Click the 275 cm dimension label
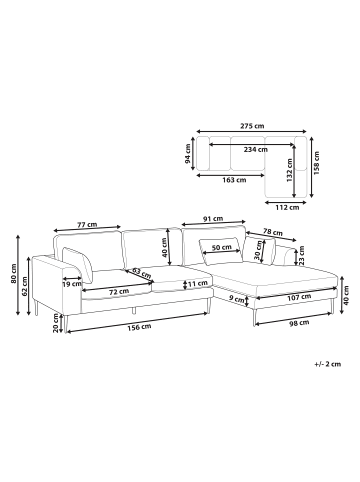252,126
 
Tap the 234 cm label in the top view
256,149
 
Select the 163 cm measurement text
234,180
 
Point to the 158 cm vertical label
316,163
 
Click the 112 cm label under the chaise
287,207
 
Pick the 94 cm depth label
188,154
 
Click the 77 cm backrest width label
87,225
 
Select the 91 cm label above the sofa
213,219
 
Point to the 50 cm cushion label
222,247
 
